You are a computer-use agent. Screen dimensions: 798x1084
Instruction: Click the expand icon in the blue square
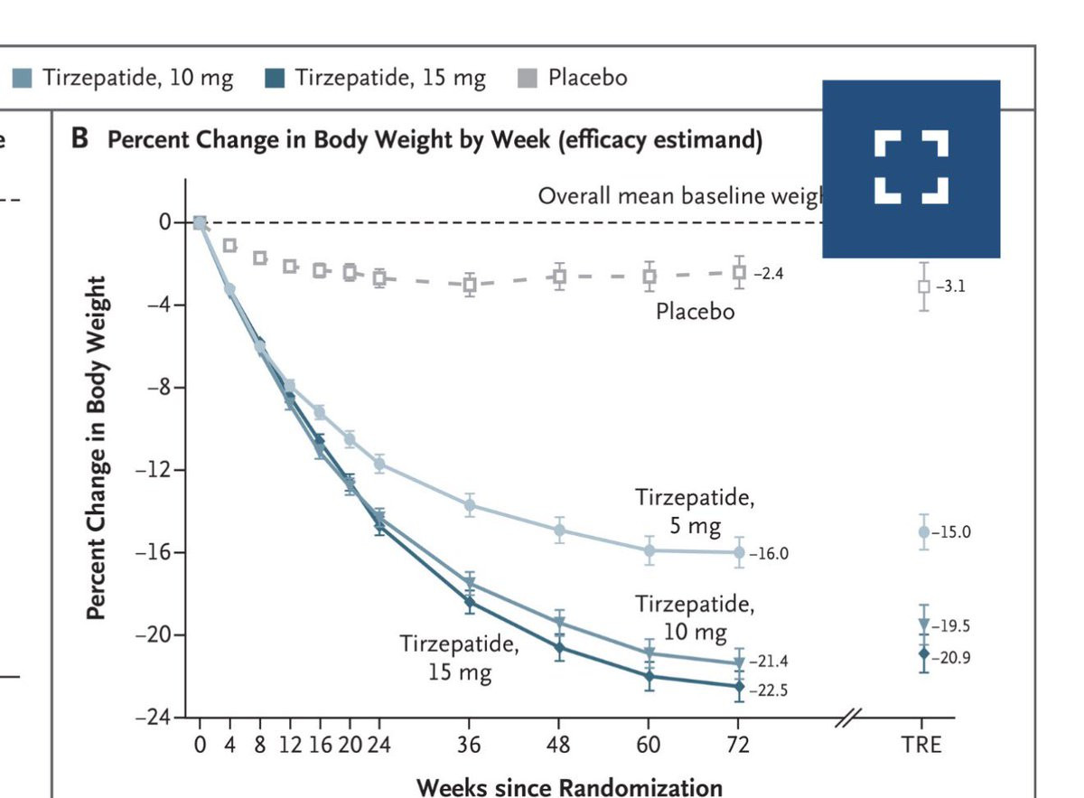pos(911,168)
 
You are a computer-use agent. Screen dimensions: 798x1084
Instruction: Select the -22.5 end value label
pos(768,692)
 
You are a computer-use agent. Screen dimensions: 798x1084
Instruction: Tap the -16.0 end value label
pos(768,553)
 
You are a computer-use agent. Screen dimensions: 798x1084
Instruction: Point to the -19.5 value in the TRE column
pos(952,625)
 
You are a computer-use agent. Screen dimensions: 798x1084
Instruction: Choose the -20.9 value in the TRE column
pos(952,657)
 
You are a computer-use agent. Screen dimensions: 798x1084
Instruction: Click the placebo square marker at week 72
pos(739,272)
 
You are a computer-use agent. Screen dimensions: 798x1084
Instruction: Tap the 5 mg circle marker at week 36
pos(469,505)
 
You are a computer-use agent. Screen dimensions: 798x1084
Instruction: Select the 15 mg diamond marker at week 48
pos(559,647)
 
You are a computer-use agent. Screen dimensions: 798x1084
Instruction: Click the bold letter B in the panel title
pos(79,140)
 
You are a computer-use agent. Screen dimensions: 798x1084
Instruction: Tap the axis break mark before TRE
pos(850,718)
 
